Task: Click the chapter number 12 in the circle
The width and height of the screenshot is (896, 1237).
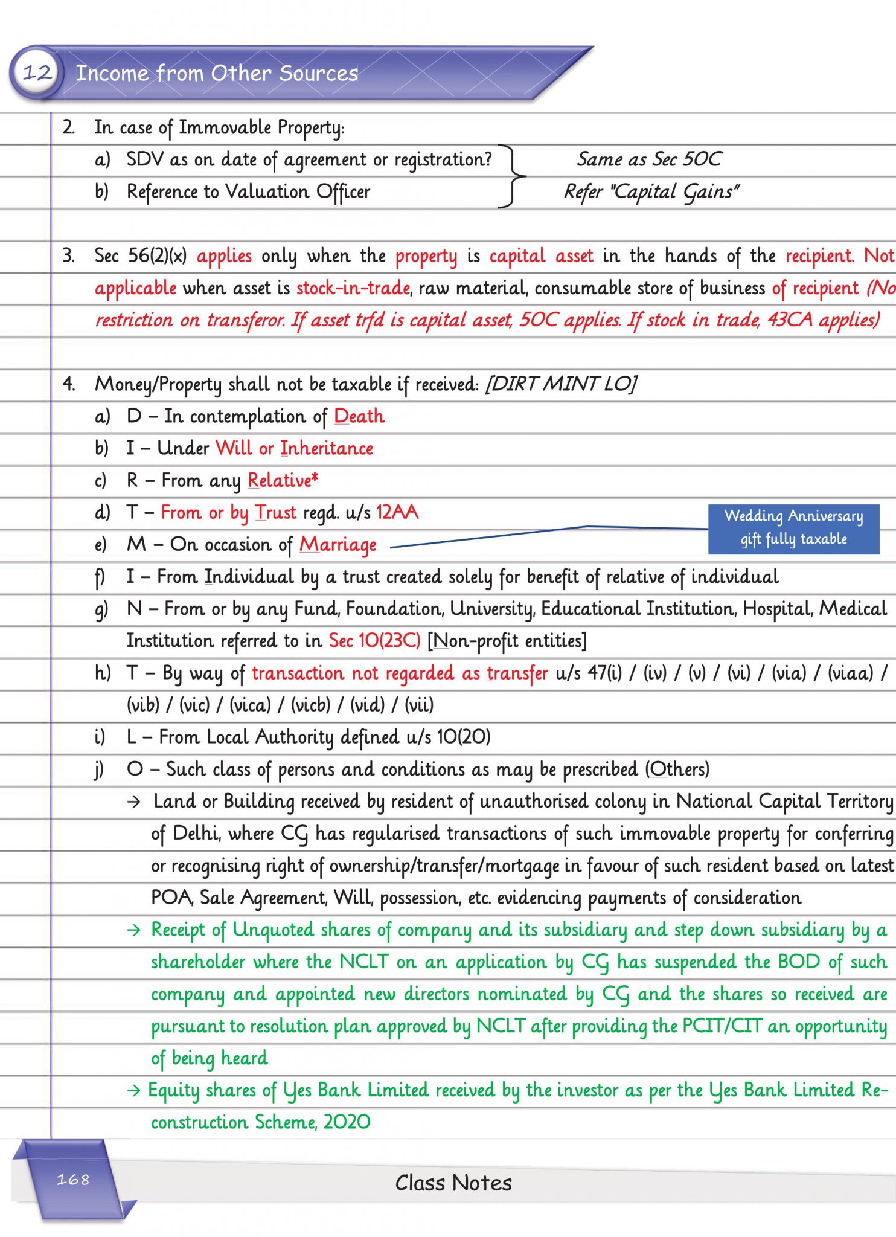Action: point(37,73)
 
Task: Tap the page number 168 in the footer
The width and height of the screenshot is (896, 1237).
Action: point(73,1179)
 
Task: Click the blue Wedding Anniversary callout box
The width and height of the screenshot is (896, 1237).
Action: point(793,528)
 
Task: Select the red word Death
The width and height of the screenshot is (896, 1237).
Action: point(359,416)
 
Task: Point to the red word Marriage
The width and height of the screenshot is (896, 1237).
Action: point(338,545)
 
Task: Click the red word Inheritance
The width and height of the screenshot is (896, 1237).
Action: point(327,448)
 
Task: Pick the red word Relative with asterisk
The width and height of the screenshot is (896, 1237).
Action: point(283,480)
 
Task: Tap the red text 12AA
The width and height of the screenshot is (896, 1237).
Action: point(397,512)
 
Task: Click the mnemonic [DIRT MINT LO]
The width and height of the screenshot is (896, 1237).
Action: point(561,384)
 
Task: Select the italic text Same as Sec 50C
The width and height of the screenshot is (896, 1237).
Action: point(649,159)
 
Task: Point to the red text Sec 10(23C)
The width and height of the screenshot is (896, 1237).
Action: point(374,640)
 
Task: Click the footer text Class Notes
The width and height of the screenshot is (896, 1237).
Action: point(453,1183)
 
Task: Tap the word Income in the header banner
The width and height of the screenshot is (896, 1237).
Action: point(112,73)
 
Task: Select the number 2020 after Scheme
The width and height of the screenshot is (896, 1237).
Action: point(347,1122)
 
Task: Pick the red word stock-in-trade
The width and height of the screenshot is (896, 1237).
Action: point(353,288)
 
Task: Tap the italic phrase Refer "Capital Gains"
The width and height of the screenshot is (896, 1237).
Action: point(651,191)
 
